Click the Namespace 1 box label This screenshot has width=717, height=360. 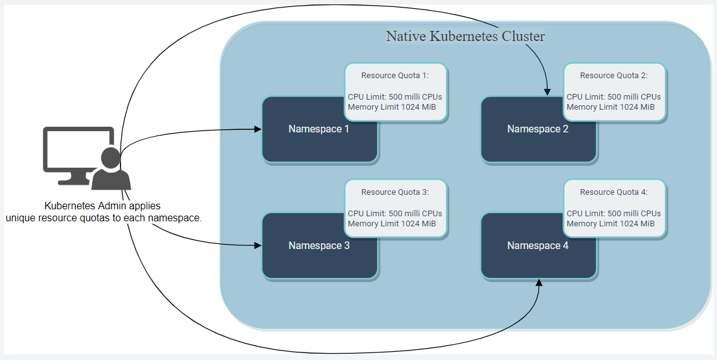pos(318,129)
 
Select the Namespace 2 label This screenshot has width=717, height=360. pos(537,129)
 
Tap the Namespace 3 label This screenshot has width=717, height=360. pos(318,246)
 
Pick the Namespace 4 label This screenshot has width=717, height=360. pos(537,246)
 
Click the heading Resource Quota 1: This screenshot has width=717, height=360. pos(395,76)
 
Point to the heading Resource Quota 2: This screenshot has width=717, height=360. pos(614,76)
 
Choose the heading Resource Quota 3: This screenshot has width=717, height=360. pos(395,192)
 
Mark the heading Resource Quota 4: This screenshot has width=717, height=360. pos(614,192)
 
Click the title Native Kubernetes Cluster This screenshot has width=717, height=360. pos(465,37)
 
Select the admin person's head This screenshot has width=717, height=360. pos(111,158)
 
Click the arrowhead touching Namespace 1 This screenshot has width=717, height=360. pos(258,129)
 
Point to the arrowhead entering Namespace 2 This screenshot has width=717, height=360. pos(547,92)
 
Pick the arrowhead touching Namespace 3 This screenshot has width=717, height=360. pos(258,245)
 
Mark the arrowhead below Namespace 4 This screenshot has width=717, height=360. pos(539,284)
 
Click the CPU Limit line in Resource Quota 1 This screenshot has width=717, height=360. pos(395,97)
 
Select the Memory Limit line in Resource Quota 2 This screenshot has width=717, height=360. pos(610,107)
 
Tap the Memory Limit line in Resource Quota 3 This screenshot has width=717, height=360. pos(392,224)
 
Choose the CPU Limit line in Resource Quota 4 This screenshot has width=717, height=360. pos(614,214)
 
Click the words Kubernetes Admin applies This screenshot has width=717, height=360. pos(102,206)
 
